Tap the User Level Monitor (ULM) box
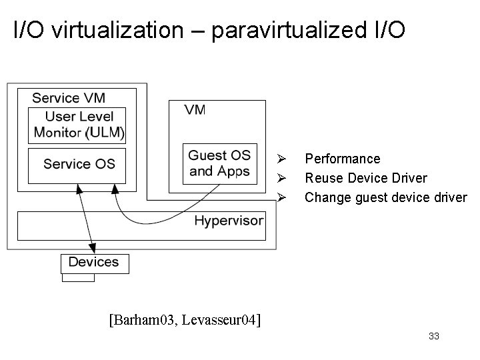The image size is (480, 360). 77,125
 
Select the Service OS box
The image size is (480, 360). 77,165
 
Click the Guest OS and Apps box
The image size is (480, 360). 219,164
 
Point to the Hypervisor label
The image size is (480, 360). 229,221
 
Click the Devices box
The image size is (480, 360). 94,263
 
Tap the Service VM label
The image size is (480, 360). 68,98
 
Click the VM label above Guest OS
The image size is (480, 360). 195,110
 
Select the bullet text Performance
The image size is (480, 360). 342,159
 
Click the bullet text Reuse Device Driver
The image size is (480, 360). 366,178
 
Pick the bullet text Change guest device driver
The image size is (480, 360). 386,197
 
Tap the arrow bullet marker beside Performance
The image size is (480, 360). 282,159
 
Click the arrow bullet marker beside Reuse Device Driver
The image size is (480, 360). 282,179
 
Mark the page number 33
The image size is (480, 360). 434,337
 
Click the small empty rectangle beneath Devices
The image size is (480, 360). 78,277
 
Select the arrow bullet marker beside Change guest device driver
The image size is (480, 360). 282,198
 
